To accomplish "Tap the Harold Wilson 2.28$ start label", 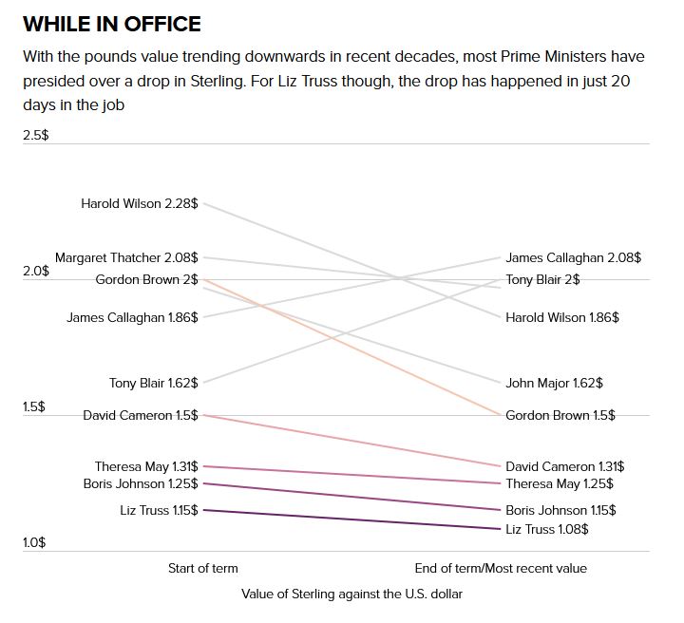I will tap(140, 203).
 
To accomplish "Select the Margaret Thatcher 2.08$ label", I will tap(126, 257).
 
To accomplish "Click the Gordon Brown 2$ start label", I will tap(147, 279).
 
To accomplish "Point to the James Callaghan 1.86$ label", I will tap(132, 317).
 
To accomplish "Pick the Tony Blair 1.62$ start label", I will tap(154, 384).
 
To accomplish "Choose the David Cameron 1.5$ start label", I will tap(141, 415).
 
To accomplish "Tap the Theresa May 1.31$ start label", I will tap(146, 466).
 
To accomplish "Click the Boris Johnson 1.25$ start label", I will tap(141, 483).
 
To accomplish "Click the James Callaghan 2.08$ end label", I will tap(573, 257).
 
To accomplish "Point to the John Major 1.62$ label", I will tap(554, 384).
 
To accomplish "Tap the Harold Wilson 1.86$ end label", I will tap(562, 317).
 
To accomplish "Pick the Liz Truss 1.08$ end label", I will tap(547, 529).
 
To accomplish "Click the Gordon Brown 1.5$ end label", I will tap(560, 415).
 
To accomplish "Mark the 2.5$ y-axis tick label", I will tap(36, 136).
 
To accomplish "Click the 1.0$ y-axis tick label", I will tap(35, 543).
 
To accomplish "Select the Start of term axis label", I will tap(203, 568).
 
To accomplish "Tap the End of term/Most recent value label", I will tap(501, 568).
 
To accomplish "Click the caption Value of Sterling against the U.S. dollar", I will tap(351, 594).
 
